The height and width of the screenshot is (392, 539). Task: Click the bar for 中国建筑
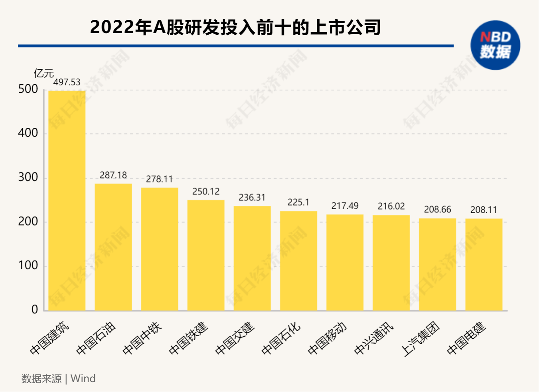click(67, 200)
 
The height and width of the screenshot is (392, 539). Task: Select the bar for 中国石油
click(113, 247)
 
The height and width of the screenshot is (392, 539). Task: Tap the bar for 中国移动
click(345, 263)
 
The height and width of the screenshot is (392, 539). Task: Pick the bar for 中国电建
click(484, 265)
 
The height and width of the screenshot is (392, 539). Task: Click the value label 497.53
click(67, 82)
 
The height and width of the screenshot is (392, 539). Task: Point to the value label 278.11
click(160, 179)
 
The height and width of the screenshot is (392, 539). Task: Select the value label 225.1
click(298, 202)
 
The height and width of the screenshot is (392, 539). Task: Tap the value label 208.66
click(438, 210)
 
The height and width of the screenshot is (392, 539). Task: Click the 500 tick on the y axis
click(28, 89)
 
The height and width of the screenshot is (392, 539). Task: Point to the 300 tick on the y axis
click(28, 178)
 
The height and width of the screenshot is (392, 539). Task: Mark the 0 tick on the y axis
click(35, 310)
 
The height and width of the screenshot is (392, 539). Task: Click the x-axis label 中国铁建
click(189, 338)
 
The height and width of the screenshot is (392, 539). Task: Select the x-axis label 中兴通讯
click(374, 338)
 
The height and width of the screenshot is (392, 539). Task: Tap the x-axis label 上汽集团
click(421, 339)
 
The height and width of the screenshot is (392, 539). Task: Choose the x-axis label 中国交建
click(235, 338)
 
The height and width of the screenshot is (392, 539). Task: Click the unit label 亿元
click(44, 73)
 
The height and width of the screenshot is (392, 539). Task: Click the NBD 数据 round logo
click(496, 45)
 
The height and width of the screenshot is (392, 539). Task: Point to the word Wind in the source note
click(83, 378)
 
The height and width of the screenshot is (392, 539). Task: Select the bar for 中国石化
click(298, 261)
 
